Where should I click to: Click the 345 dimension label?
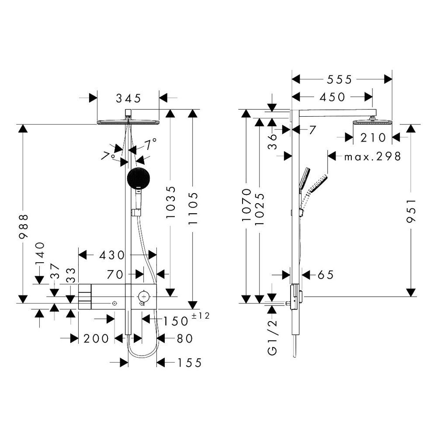[128, 98]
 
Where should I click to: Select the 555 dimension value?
[340, 80]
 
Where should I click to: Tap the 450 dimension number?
[332, 97]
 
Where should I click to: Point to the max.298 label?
[373, 156]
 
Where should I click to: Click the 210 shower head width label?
[373, 138]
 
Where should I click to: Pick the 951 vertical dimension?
[411, 211]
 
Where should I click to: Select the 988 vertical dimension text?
[24, 226]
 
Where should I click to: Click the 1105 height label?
[193, 208]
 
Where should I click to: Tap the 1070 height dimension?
[246, 205]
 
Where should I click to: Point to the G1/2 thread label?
[272, 337]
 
